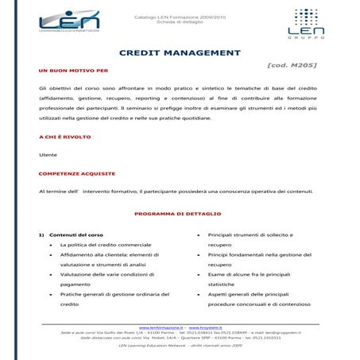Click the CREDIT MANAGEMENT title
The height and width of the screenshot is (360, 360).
coord(179,52)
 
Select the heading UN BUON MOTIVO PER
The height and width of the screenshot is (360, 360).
coord(67,70)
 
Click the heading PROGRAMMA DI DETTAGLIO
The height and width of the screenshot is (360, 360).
coord(179,214)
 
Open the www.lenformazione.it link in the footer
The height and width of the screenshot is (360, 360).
coord(161,327)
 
